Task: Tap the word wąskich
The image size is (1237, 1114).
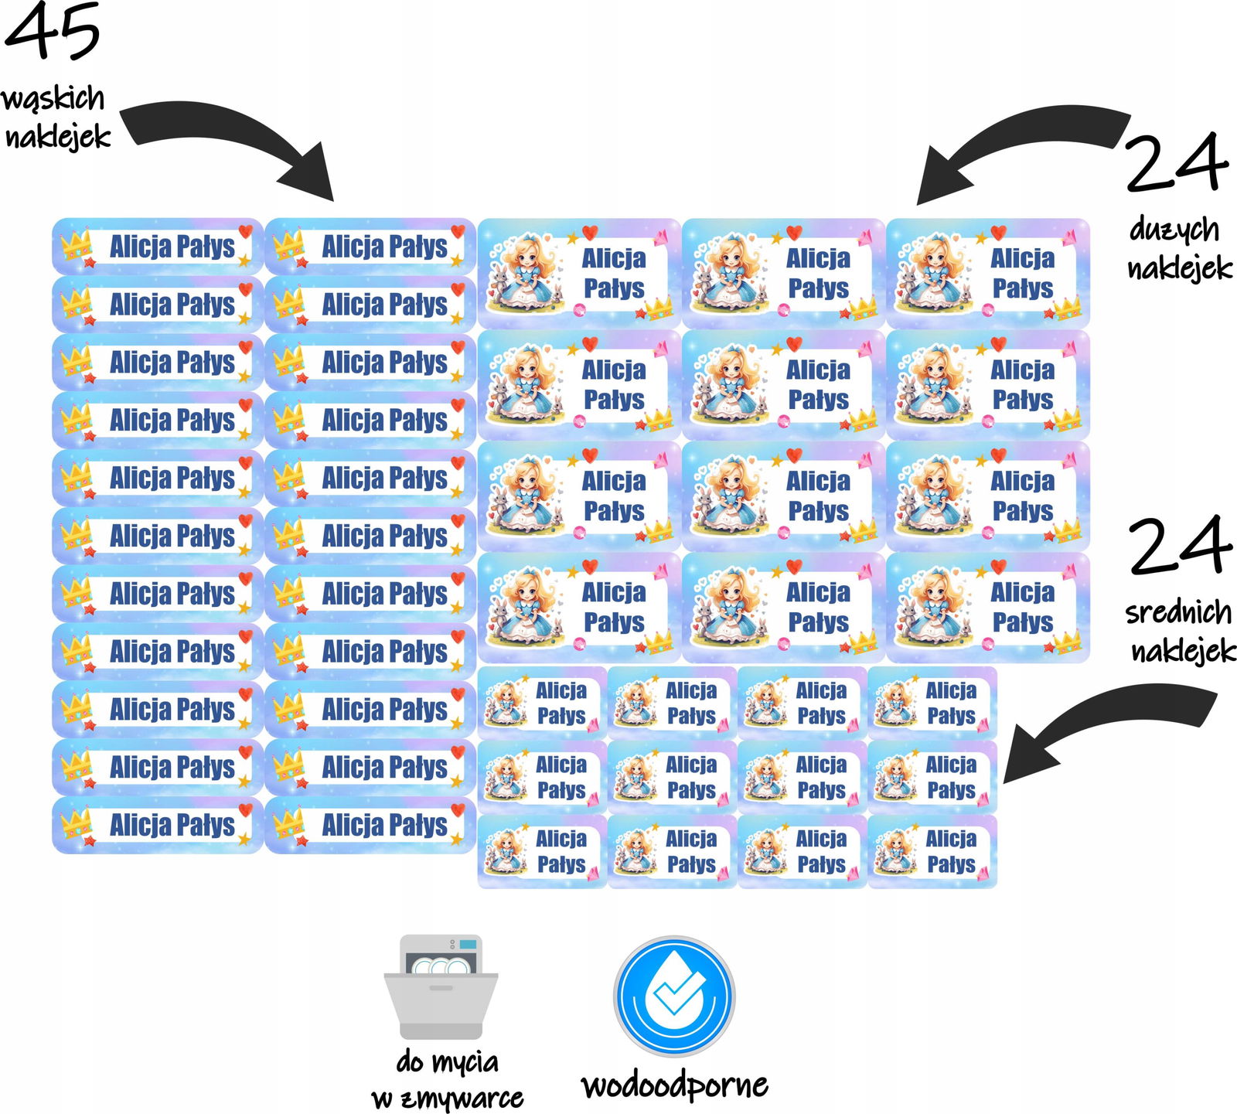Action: (53, 99)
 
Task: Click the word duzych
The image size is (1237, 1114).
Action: (1174, 230)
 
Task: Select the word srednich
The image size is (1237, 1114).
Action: (1178, 612)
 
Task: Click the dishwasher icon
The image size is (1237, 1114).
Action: (441, 986)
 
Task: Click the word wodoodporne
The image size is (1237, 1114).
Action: (674, 1085)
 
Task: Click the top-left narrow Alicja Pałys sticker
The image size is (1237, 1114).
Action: (158, 247)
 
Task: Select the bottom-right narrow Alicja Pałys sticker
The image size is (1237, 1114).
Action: (370, 825)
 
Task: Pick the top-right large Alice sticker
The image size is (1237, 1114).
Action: (987, 273)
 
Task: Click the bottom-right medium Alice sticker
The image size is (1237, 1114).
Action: (932, 851)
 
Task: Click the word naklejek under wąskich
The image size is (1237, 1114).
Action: (58, 137)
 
